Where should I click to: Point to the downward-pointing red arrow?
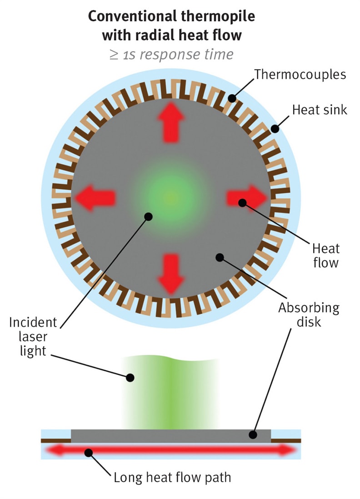[x=171, y=273]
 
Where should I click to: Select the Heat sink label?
[x=320, y=110]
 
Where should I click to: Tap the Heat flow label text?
[x=325, y=255]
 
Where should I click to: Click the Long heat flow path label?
[x=172, y=478]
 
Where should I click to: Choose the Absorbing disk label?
[x=309, y=315]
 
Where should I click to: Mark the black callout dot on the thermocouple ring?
[x=232, y=98]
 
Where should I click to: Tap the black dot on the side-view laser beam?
[x=130, y=377]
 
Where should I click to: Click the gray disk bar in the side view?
[x=171, y=435]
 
